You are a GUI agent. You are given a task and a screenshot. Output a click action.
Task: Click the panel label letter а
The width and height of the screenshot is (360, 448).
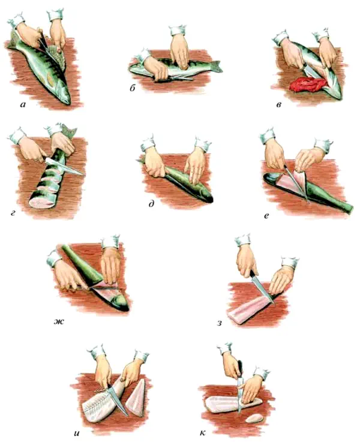(23, 105)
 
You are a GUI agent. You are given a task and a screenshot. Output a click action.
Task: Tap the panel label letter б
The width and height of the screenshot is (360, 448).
(132, 88)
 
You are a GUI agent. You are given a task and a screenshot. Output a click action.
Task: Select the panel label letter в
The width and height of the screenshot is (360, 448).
(279, 105)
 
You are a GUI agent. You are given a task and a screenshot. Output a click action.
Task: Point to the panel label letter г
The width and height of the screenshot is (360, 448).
(13, 212)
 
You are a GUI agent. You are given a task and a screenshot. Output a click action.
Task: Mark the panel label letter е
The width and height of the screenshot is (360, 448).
(266, 216)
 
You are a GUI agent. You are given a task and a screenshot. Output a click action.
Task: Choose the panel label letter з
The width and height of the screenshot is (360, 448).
(220, 323)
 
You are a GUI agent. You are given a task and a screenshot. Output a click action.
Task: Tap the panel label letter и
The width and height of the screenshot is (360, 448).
(76, 434)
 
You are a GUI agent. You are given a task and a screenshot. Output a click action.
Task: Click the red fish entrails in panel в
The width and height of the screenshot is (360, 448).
(308, 85)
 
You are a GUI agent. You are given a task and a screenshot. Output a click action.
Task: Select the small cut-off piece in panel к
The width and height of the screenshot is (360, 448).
(254, 419)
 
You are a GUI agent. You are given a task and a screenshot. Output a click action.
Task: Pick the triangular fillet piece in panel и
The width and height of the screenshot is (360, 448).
(136, 398)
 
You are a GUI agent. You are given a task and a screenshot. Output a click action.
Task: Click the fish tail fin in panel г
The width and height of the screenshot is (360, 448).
(68, 130)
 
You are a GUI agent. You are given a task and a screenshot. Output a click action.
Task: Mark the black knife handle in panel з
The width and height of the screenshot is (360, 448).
(253, 276)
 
